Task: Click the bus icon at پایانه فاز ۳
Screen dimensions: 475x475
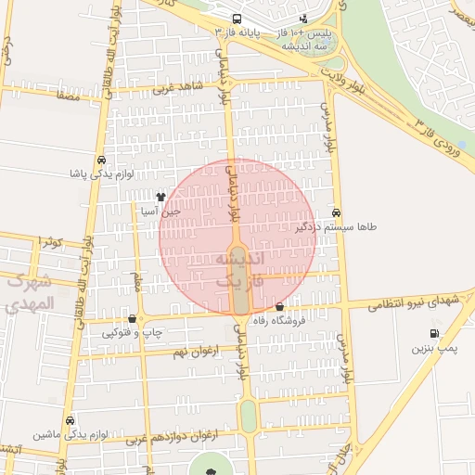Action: coord(237,19)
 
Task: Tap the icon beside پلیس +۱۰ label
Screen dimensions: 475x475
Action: coord(304,19)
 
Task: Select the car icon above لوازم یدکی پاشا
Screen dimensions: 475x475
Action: coord(100,159)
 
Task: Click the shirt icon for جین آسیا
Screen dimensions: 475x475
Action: coord(160,197)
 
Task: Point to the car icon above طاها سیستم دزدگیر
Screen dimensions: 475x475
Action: coord(336,212)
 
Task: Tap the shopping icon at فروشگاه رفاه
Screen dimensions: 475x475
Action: coord(280,307)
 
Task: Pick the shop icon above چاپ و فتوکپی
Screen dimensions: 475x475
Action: coord(133,319)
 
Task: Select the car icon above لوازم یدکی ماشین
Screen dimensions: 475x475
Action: coord(71,419)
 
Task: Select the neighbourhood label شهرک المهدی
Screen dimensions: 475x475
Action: coord(30,291)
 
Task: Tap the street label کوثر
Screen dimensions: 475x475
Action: coord(52,242)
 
